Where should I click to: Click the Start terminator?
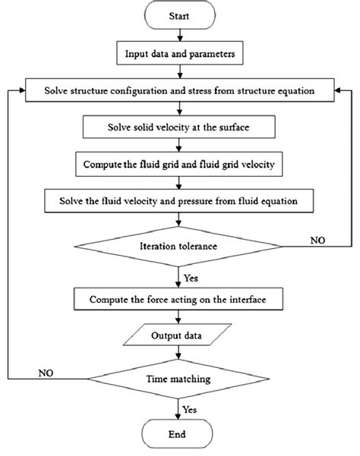tap(180, 14)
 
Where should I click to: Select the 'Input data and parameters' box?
tap(180, 54)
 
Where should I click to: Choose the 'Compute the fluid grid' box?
tap(180, 162)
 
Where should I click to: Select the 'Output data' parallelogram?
tap(180, 334)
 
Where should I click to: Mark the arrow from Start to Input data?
tap(180, 34)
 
